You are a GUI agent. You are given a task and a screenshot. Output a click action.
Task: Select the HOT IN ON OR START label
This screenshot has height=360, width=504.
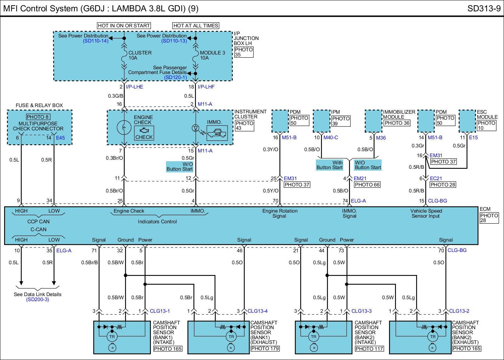tap(124, 26)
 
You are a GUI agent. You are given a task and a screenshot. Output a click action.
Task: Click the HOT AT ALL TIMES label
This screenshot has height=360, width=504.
tap(196, 26)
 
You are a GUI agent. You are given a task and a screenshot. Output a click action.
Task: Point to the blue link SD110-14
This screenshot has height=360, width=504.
tap(95, 41)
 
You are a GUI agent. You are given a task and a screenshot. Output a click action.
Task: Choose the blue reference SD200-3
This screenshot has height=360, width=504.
tap(37, 300)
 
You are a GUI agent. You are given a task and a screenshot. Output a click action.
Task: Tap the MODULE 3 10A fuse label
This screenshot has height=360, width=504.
tap(212, 55)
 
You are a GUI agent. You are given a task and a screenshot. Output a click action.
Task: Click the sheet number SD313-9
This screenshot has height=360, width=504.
tap(484, 9)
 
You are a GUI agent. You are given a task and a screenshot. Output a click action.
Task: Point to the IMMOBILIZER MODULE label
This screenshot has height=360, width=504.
tap(399, 114)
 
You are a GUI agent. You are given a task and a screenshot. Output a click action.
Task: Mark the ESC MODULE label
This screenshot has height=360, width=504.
tap(487, 114)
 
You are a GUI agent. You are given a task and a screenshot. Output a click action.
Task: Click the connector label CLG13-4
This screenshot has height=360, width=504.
tap(257, 311)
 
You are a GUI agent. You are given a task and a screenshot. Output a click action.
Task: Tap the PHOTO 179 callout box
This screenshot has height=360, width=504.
tap(265, 348)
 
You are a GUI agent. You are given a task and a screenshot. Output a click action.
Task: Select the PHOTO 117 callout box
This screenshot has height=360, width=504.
tap(369, 348)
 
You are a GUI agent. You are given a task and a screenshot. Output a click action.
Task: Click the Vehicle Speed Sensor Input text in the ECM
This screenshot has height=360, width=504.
tap(426, 214)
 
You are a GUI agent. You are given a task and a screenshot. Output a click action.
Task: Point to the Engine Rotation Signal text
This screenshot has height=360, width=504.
tap(280, 214)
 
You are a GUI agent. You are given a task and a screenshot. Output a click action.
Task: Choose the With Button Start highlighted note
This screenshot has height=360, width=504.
tap(329, 165)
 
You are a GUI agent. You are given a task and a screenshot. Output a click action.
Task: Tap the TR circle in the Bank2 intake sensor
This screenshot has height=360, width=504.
tap(313, 337)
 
